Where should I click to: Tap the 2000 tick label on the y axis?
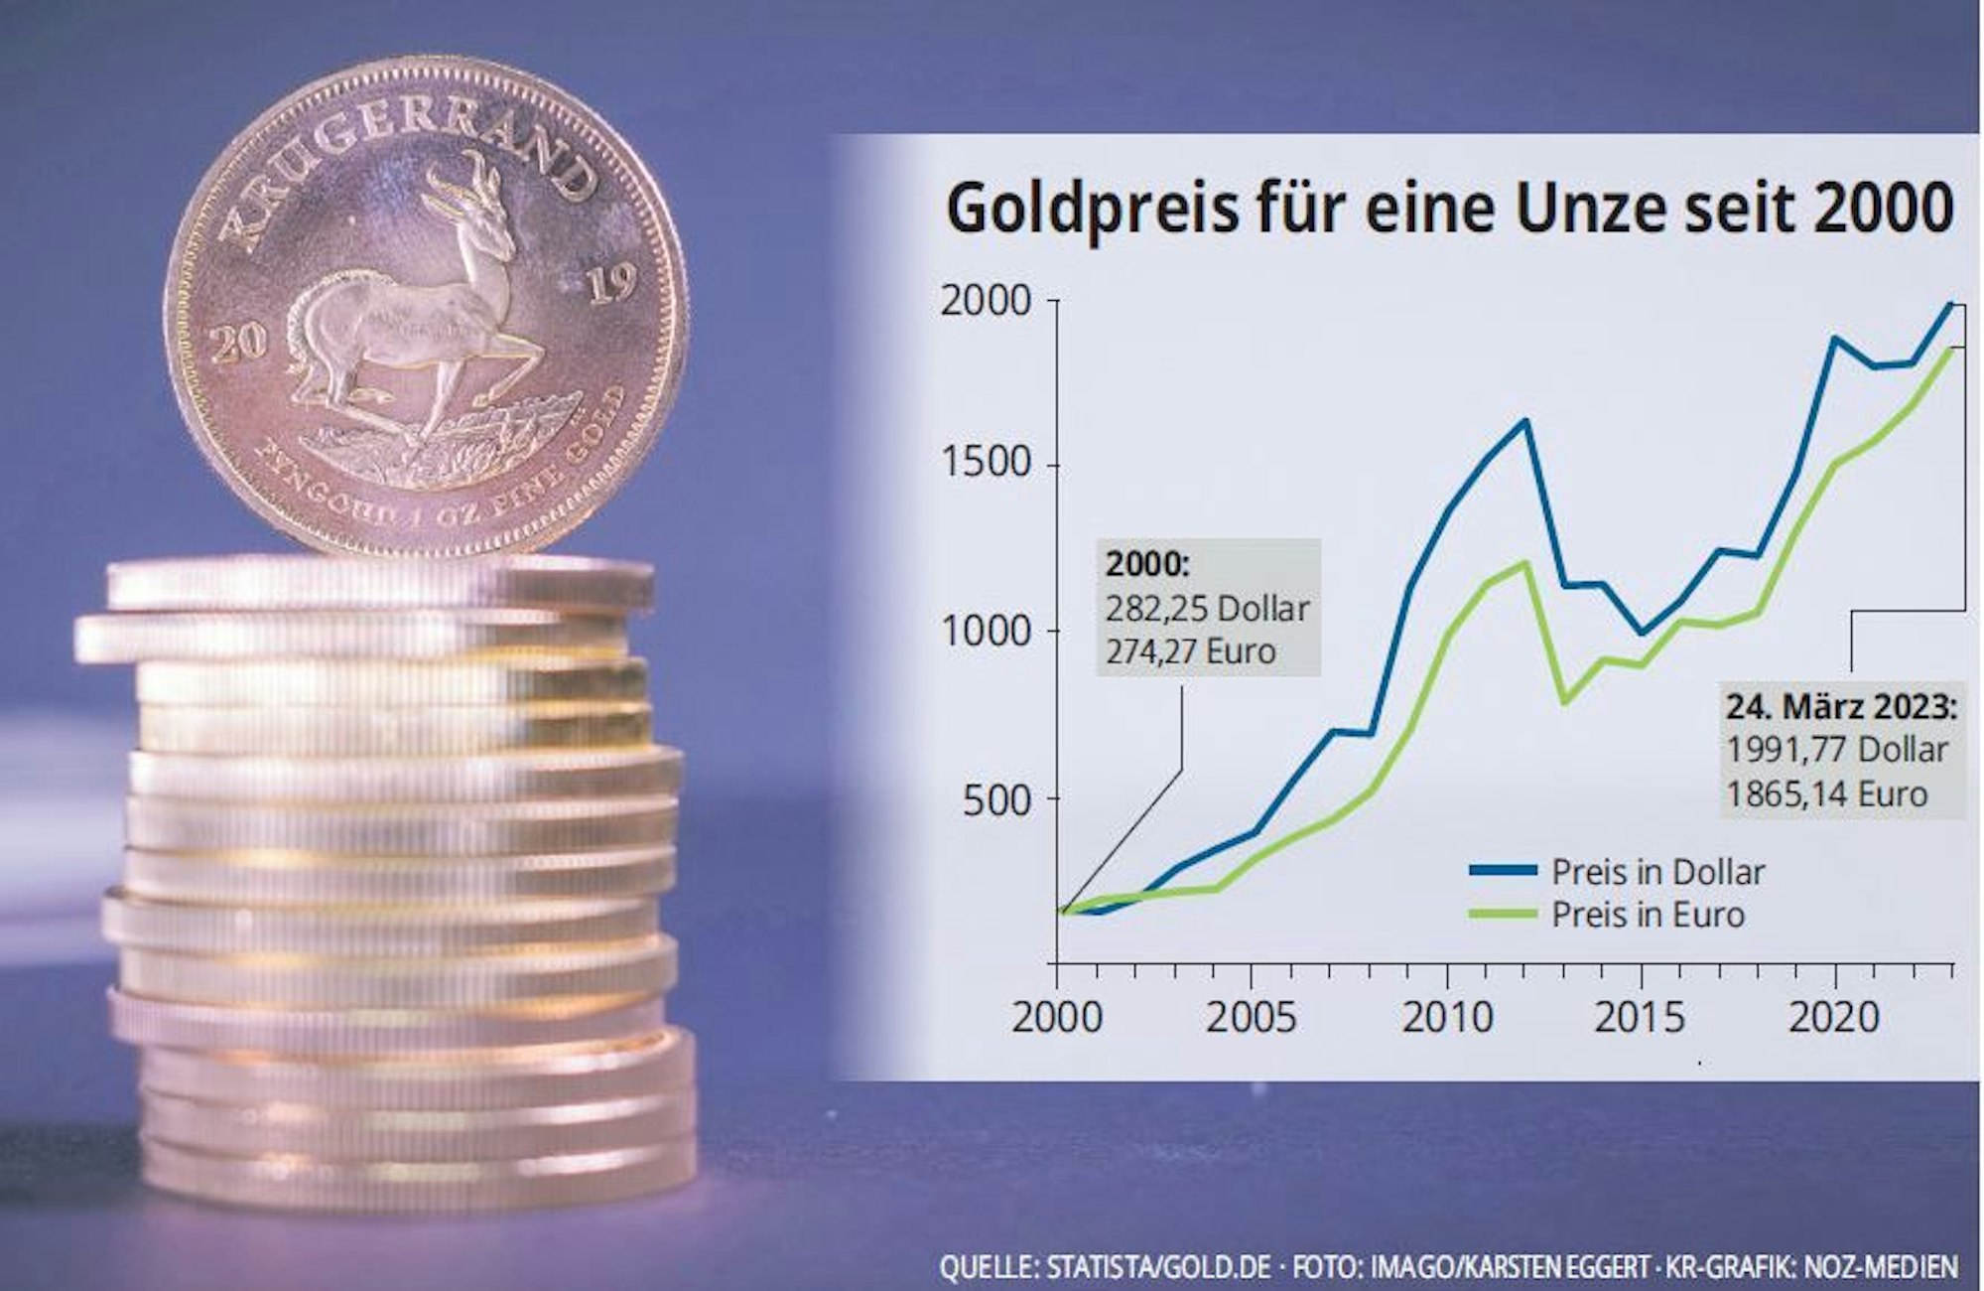point(987,300)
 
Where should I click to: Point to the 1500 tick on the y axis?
point(987,465)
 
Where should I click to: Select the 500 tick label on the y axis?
point(998,798)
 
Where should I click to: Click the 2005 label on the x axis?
point(1251,1017)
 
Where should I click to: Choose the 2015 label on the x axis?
point(1640,1017)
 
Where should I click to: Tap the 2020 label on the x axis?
point(1834,1017)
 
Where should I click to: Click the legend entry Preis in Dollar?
point(1657,872)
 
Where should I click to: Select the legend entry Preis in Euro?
point(1648,915)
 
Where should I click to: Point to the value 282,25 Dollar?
point(1207,608)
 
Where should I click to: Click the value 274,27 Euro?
point(1190,651)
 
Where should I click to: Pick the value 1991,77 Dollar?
point(1837,750)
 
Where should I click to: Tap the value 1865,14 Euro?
point(1826,794)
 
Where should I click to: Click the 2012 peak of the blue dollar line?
point(1525,421)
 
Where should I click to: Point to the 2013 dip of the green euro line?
point(1565,702)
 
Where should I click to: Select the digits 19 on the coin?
point(611,286)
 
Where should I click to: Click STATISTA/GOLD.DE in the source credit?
point(1158,1268)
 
